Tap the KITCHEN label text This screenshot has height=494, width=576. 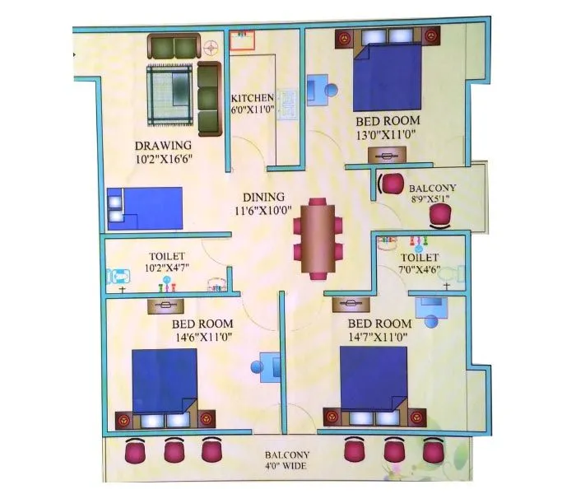[x=252, y=98]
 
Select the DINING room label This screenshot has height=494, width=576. [x=263, y=198]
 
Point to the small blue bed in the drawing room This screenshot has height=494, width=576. [x=145, y=207]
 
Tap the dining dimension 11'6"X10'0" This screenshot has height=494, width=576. [x=263, y=211]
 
